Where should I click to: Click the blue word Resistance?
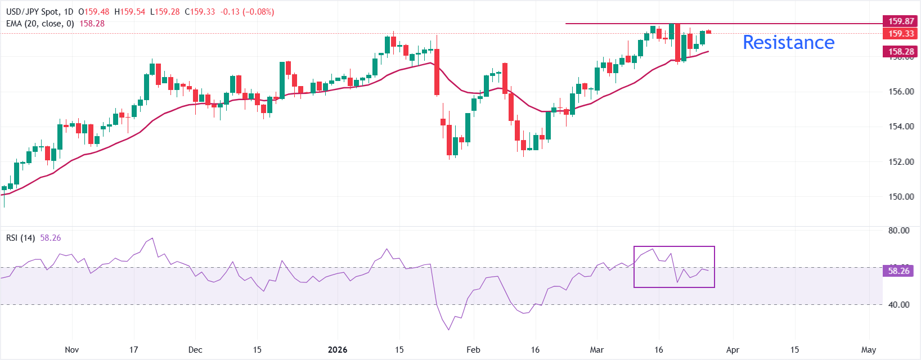point(788,43)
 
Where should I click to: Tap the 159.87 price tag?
point(901,21)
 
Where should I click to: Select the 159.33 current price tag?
point(901,34)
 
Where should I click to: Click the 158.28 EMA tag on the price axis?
point(901,52)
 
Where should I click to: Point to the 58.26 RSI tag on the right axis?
point(898,271)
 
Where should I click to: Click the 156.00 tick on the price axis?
point(901,92)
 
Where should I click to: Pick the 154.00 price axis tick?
point(901,127)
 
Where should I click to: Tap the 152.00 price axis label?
point(901,162)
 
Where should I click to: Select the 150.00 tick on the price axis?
point(901,197)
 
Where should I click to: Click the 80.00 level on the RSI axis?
point(898,231)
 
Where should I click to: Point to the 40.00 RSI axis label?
point(898,305)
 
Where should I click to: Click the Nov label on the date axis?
point(72,350)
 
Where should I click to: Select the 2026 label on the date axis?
point(338,350)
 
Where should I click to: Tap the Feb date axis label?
point(473,350)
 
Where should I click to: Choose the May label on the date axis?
point(869,350)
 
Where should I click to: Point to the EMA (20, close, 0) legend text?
point(40,24)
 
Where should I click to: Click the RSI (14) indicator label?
point(20,238)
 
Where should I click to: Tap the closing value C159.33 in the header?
point(200,12)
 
